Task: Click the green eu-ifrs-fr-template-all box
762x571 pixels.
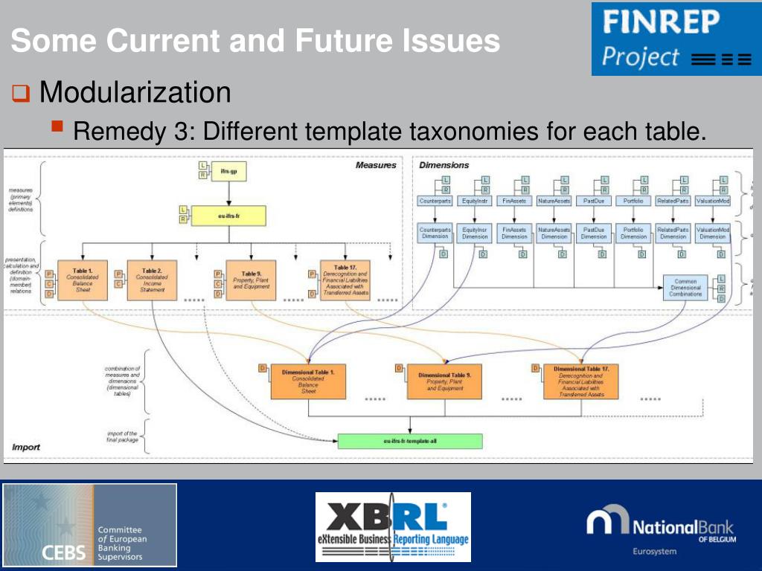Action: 410,441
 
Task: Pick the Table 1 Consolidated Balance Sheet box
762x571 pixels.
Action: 83,280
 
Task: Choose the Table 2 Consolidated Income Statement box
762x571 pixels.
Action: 151,280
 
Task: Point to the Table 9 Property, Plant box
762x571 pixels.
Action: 250,280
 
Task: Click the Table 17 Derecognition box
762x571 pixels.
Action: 345,280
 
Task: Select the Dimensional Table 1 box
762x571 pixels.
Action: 307,381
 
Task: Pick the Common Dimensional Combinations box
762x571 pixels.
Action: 685,288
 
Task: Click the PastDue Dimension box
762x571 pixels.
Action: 594,233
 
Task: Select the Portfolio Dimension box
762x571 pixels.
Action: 633,233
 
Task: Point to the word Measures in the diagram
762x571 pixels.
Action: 376,165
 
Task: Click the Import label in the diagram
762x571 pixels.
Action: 26,448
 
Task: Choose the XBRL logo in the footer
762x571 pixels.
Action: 393,526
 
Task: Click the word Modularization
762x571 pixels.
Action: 135,94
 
